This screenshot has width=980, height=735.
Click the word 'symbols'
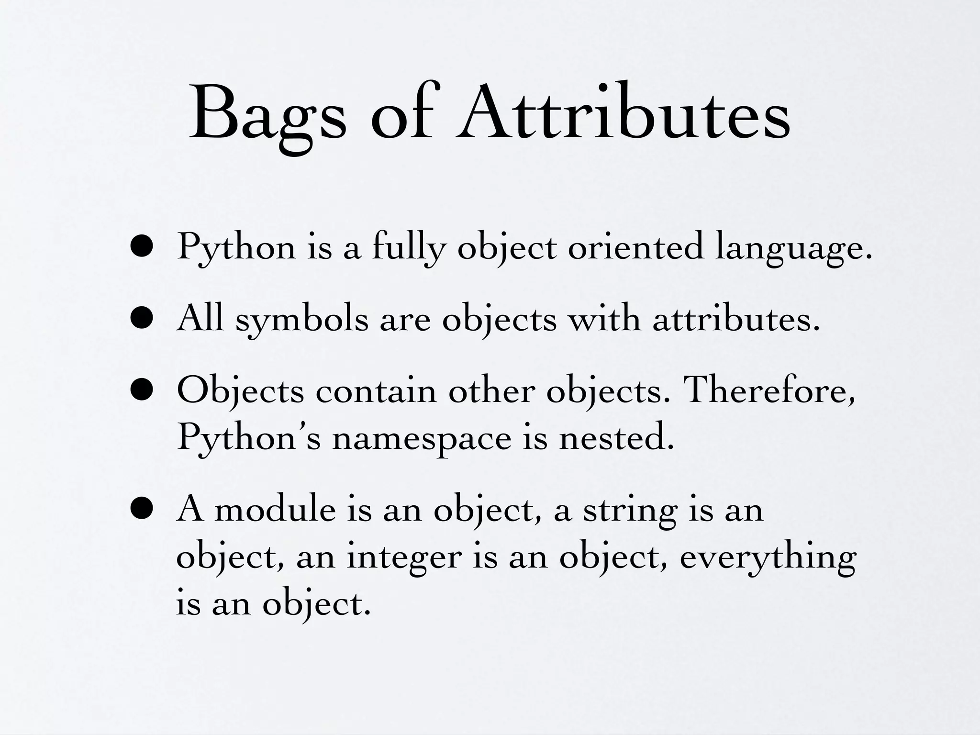tap(301, 320)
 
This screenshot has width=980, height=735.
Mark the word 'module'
tap(275, 509)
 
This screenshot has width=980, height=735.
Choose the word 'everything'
tap(768, 558)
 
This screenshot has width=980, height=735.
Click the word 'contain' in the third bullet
tap(376, 390)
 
